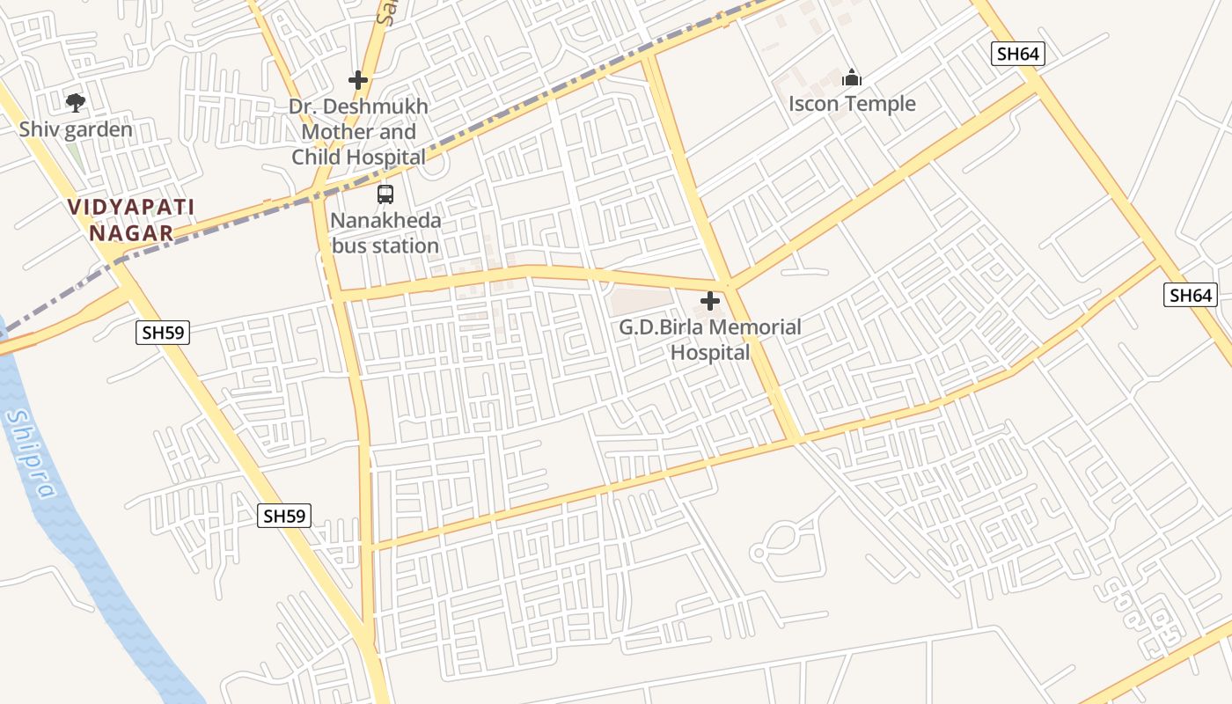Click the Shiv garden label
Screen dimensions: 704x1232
(x=76, y=130)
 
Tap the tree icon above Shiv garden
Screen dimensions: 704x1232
(x=76, y=103)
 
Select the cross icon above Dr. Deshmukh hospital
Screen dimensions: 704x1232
(x=357, y=80)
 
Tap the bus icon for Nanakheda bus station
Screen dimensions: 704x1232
(x=385, y=194)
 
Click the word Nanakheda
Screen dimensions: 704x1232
(x=385, y=220)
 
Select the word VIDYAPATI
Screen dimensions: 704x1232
(x=132, y=208)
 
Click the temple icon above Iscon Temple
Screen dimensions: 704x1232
(x=851, y=77)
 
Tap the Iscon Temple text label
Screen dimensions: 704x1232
(x=851, y=104)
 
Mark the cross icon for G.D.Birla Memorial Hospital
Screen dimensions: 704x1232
(x=710, y=302)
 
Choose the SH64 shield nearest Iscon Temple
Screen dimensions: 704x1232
(x=1018, y=54)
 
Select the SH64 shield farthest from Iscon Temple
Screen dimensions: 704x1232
(x=1191, y=296)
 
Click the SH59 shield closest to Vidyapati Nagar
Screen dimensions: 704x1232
(x=164, y=333)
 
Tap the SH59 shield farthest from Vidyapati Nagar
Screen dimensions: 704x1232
(x=284, y=516)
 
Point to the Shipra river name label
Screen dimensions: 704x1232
(x=32, y=454)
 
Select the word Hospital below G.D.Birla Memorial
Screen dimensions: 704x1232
(x=710, y=353)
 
